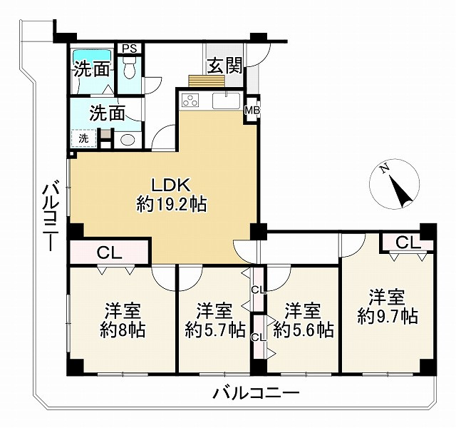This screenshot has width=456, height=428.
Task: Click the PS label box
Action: (130, 49)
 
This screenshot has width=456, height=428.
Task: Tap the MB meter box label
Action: (252, 111)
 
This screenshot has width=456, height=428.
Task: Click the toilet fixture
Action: (129, 68)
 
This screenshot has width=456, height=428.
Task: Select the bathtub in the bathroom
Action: (92, 56)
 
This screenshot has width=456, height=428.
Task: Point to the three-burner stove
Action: (190, 101)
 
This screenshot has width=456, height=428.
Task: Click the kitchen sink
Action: (227, 101)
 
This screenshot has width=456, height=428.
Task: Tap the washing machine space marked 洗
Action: (84, 138)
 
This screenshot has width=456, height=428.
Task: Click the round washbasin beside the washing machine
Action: (127, 140)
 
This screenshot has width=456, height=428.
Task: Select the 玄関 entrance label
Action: (224, 66)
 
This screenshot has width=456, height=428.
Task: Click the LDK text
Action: (171, 185)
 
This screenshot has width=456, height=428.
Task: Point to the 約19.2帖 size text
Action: (172, 204)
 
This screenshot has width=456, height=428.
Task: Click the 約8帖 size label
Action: (123, 330)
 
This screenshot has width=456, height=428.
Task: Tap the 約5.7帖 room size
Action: (215, 330)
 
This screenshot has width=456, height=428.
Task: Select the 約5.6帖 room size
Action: (304, 330)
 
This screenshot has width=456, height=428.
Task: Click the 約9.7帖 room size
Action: (388, 317)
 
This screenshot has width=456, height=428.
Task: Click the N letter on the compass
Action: (385, 169)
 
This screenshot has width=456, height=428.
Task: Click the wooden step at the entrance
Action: (207, 81)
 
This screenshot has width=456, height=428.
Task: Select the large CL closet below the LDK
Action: (109, 253)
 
